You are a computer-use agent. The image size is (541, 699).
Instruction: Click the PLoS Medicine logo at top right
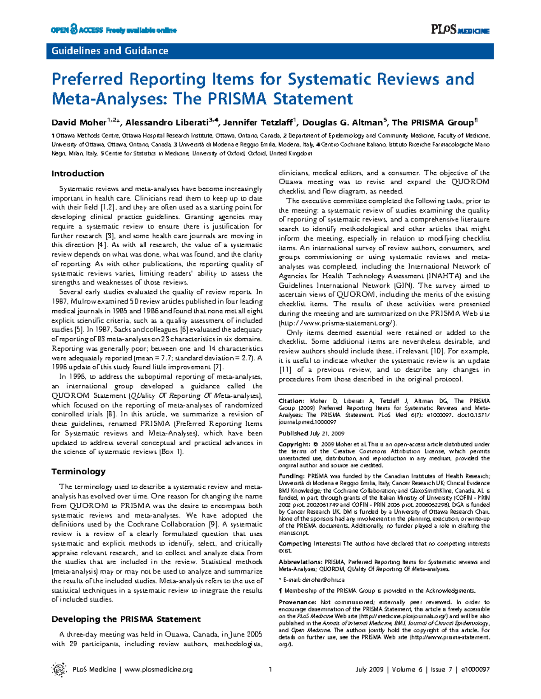click(460, 30)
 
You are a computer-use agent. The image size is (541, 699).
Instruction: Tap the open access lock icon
click(73, 30)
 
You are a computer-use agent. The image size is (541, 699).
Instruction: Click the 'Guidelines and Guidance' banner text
click(110, 51)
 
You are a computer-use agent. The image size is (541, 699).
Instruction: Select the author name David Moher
click(79, 123)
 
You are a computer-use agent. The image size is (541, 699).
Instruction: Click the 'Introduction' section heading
click(78, 174)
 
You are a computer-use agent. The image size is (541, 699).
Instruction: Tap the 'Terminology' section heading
click(78, 471)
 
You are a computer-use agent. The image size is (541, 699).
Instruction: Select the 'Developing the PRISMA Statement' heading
click(126, 619)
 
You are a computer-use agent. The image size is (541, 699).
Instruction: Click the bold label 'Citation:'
click(291, 400)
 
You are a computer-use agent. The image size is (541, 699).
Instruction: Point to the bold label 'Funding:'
click(291, 476)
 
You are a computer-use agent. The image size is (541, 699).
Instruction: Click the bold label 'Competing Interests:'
click(309, 543)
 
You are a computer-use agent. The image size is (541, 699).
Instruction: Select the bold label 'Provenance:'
click(297, 602)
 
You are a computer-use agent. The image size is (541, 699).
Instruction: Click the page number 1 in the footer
click(270, 669)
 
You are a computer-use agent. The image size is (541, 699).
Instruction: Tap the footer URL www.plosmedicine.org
click(158, 669)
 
